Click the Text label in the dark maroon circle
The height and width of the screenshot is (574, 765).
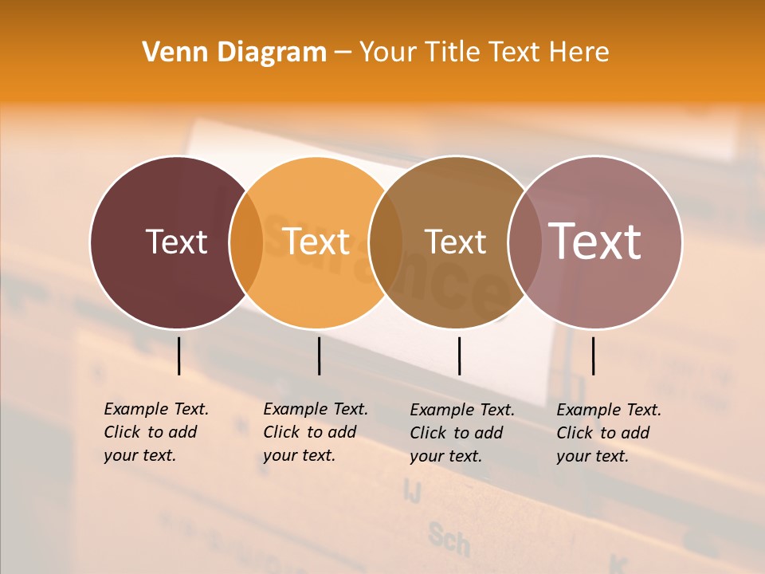point(176,242)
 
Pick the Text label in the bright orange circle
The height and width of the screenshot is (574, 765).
point(316,242)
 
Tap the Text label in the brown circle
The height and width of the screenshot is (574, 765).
point(455,242)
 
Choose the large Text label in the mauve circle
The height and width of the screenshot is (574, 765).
point(595,242)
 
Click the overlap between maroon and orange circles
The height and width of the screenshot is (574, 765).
point(246,242)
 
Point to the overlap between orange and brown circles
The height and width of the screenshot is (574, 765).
point(386,242)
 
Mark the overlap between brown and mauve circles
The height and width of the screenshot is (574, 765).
point(525,242)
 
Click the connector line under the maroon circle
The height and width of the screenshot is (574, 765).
point(178,356)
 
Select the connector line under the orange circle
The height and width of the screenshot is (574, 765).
point(319,356)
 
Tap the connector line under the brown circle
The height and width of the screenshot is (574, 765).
point(459,356)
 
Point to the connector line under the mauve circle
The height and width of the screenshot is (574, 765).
point(593,356)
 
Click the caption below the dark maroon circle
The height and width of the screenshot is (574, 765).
point(156,432)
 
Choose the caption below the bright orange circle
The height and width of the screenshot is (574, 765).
point(316,432)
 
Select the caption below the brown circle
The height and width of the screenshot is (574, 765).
point(462,433)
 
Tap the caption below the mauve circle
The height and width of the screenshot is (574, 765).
point(609,433)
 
